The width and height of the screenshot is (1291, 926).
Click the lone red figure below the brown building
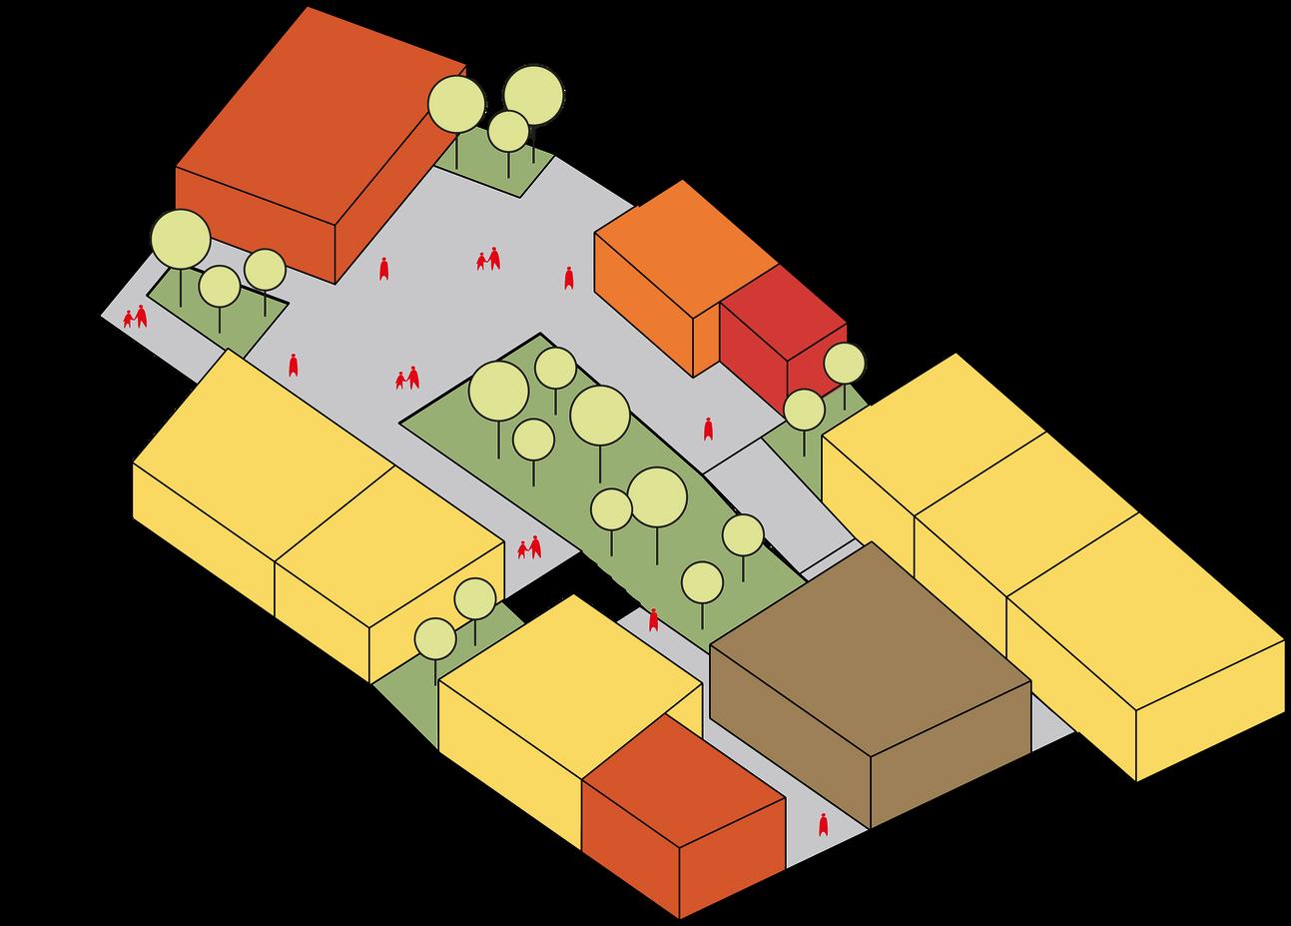pyautogui.click(x=823, y=825)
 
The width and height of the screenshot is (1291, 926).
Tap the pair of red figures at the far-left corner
pyautogui.click(x=135, y=318)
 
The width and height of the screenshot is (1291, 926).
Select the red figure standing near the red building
pyautogui.click(x=708, y=429)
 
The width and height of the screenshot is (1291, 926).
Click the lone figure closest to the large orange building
pyautogui.click(x=383, y=269)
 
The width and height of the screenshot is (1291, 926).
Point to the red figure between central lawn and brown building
pyautogui.click(x=654, y=620)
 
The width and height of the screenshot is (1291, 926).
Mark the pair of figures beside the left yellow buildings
pyautogui.click(x=529, y=548)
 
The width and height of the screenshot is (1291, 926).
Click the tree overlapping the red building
pyautogui.click(x=845, y=364)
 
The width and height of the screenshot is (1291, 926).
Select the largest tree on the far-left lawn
pyautogui.click(x=181, y=240)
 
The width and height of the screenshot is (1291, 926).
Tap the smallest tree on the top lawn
pyautogui.click(x=509, y=131)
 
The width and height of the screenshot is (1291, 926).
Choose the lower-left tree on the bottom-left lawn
pyautogui.click(x=435, y=639)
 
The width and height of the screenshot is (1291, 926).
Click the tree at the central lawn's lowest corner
pyautogui.click(x=703, y=582)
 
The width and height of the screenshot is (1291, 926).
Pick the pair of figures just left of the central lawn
pyautogui.click(x=407, y=379)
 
